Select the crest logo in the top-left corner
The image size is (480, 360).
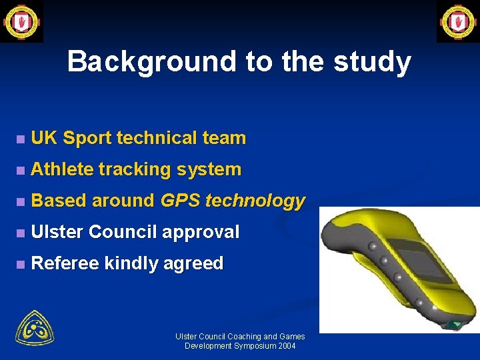(x=21, y=21)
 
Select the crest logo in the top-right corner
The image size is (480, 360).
(x=458, y=21)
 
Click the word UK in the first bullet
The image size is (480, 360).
(x=44, y=138)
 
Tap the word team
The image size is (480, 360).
(x=223, y=138)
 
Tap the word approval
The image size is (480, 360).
(x=199, y=232)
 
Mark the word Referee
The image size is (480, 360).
(x=65, y=263)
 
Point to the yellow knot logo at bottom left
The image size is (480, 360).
(x=35, y=327)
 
